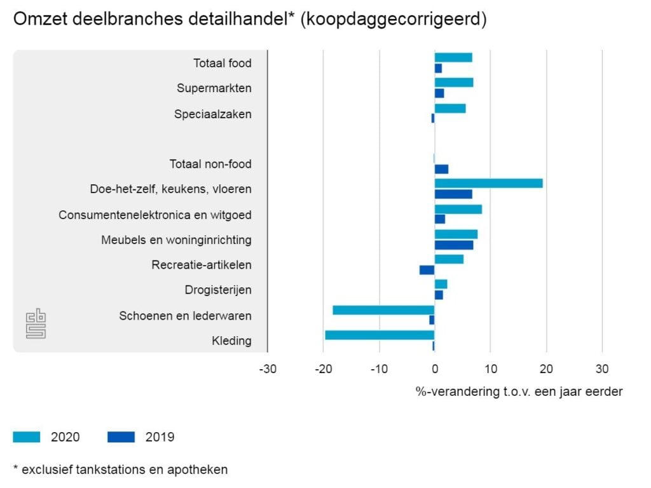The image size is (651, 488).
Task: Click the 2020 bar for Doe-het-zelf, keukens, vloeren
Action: pos(488,183)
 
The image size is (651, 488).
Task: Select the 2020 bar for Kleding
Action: pos(380,335)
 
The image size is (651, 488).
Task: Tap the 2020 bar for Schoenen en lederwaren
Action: pos(383,310)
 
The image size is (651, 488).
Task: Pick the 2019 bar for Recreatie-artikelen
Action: pos(427,270)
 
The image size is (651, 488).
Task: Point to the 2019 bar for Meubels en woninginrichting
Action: pos(453,245)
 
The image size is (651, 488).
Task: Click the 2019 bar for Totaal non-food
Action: pos(441,169)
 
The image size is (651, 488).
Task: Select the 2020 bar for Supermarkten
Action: pos(453,83)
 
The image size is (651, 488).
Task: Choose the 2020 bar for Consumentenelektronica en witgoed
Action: pos(458,209)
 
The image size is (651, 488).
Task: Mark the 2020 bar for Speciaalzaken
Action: pos(449,108)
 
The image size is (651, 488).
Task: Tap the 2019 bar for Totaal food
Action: pos(438,69)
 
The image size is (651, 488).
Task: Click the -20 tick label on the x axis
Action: pos(323,369)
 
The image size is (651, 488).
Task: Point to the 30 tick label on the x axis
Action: pos(601,369)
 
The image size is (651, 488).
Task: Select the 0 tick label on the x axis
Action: pos(434,369)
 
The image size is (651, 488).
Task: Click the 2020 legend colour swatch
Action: pos(27,437)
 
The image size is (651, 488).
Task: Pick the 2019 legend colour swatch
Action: pos(121,437)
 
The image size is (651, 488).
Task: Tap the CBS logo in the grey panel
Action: pos(36,323)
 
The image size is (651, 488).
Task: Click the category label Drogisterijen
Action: pos(218,290)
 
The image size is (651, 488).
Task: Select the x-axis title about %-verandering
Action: pos(519,391)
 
